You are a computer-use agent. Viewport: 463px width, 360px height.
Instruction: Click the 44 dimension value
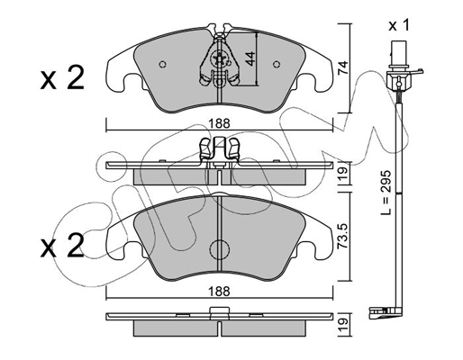click(250, 58)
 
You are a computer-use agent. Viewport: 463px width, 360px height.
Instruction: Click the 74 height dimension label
click(342, 67)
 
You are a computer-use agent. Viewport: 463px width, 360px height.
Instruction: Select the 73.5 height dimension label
click(342, 236)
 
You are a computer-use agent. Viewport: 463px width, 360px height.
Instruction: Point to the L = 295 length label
click(386, 193)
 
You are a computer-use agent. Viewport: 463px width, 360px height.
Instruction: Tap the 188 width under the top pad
click(220, 123)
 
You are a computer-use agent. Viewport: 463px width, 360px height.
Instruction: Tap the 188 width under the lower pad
click(220, 291)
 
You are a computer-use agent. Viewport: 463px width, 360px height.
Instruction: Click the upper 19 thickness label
click(342, 173)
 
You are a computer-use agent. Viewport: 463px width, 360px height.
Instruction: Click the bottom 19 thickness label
click(342, 325)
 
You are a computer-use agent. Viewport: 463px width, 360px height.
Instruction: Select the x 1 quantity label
click(399, 26)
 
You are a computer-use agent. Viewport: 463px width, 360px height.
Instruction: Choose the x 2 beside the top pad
click(62, 78)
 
